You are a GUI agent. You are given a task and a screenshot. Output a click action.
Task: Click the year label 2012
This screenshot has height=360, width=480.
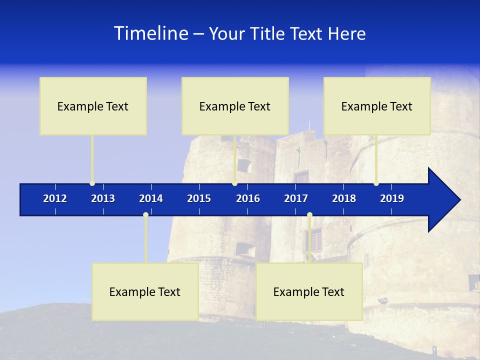55,198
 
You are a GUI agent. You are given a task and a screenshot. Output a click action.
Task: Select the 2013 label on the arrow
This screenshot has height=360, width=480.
103,198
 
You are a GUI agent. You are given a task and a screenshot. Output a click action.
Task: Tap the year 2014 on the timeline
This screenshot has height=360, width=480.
151,198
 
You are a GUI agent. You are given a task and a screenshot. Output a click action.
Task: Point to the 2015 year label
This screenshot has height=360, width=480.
199,198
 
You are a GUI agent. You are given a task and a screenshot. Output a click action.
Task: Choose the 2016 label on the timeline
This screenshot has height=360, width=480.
248,198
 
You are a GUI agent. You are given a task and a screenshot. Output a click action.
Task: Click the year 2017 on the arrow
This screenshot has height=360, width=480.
296,198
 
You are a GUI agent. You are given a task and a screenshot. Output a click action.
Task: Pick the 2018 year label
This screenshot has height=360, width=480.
344,198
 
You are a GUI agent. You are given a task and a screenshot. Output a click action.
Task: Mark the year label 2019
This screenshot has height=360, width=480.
392,198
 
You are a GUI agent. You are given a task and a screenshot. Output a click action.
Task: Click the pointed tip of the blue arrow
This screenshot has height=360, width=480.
459,200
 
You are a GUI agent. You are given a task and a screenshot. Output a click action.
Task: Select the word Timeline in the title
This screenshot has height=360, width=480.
150,33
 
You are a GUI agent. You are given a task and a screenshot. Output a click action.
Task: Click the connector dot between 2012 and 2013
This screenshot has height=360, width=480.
92,183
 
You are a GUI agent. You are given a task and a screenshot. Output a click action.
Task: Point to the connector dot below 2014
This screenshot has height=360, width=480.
145,215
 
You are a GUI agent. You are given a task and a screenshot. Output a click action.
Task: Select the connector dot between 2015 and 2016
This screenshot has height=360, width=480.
234,183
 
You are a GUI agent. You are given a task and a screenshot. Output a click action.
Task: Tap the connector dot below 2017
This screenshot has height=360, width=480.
309,215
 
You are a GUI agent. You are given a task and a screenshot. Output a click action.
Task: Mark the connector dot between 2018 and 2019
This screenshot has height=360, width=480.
376,183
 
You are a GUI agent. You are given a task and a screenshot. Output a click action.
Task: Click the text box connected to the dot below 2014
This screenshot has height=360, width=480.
145,292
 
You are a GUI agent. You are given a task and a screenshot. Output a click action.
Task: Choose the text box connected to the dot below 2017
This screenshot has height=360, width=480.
309,292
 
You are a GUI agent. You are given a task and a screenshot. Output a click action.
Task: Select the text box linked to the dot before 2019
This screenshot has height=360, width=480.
377,106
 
